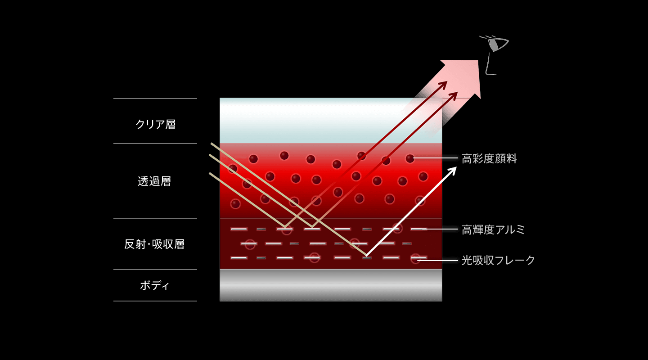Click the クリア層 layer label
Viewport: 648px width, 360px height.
click(156, 125)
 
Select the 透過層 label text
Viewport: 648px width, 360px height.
click(154, 181)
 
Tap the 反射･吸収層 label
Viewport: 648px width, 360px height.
click(154, 244)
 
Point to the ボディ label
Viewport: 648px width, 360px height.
click(154, 286)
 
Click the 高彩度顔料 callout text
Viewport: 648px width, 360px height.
click(489, 158)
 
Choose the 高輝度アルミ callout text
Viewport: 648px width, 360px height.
click(493, 230)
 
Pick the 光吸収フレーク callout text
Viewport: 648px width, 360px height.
click(498, 261)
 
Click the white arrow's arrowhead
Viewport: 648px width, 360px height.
click(451, 172)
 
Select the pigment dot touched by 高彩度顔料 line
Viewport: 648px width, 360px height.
click(410, 158)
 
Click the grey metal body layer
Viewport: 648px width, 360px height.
click(331, 285)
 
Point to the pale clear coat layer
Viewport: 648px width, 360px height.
click(331, 121)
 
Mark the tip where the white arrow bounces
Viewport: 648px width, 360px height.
click(366, 256)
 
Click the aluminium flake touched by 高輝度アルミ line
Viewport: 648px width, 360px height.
click(418, 229)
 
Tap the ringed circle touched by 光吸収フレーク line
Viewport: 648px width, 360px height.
click(416, 258)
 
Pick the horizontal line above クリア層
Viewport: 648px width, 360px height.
click(155, 99)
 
